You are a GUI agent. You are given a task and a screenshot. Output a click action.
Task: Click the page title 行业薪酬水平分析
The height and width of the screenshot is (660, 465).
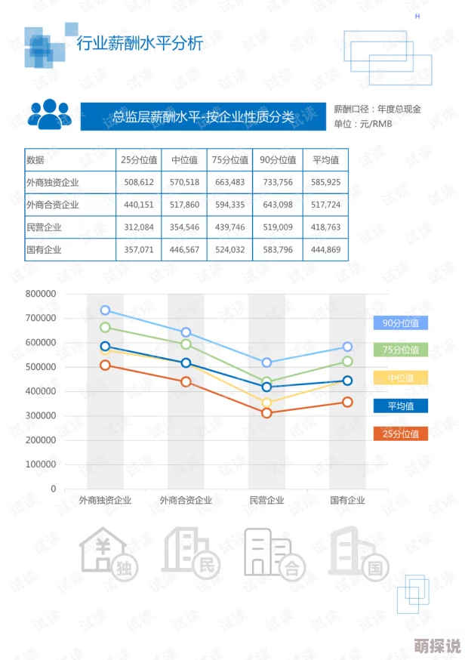(x=140, y=44)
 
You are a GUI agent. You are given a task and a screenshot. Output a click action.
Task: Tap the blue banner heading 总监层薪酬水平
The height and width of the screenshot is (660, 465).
(x=202, y=117)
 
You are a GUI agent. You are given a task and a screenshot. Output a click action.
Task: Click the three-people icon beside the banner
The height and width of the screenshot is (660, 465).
(x=50, y=114)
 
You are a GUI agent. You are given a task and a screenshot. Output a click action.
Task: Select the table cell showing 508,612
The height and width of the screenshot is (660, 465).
(x=139, y=182)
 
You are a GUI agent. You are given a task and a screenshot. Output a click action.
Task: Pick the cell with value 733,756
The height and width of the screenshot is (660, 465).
(x=277, y=182)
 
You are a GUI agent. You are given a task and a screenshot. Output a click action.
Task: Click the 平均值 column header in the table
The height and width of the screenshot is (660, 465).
(x=325, y=160)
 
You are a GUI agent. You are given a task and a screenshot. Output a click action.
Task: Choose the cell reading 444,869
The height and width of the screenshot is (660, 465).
(x=325, y=249)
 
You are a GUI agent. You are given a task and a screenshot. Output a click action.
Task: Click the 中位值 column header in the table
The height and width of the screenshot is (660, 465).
(x=184, y=160)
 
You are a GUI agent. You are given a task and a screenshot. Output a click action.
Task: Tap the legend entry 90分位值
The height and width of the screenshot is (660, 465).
(x=400, y=323)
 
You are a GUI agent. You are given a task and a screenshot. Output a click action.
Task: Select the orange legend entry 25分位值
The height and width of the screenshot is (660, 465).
(x=400, y=433)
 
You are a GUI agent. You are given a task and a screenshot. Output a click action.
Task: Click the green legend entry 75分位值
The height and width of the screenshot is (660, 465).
(x=400, y=350)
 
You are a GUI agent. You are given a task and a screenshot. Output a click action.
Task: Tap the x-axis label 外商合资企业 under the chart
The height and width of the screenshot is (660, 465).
(x=186, y=500)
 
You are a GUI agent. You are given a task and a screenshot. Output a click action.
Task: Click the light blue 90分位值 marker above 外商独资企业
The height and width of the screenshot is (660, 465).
(x=106, y=310)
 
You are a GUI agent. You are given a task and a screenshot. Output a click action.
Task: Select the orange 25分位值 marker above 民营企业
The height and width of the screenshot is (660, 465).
(x=266, y=413)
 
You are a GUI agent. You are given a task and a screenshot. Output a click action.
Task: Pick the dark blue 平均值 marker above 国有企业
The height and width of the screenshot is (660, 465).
(x=347, y=381)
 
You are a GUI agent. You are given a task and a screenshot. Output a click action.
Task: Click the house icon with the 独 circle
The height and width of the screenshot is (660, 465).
(x=108, y=553)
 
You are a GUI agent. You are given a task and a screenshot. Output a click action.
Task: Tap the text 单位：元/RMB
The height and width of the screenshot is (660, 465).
(x=363, y=124)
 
